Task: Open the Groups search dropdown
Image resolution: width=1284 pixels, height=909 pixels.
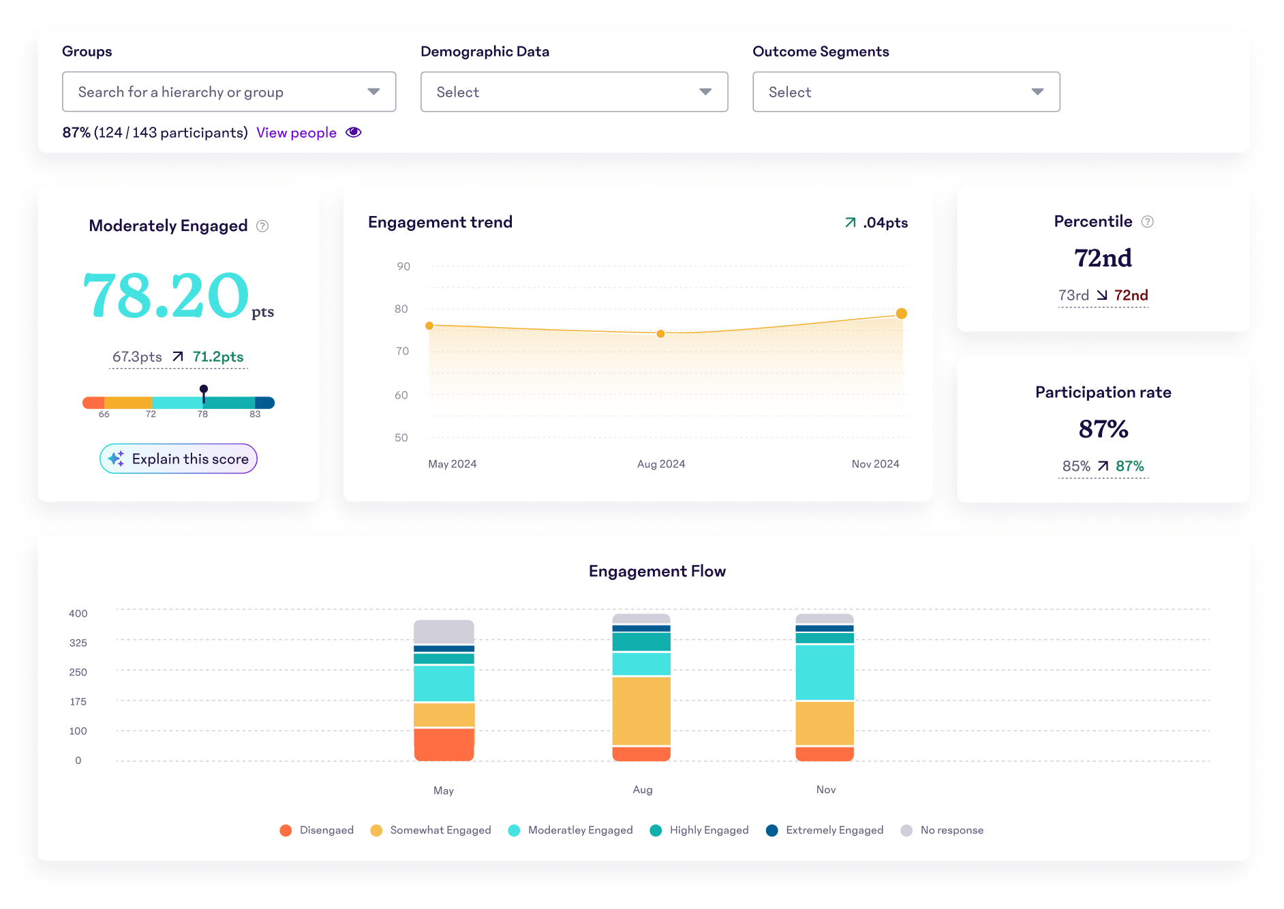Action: tap(228, 92)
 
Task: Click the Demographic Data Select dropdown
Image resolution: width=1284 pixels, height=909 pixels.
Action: tap(574, 92)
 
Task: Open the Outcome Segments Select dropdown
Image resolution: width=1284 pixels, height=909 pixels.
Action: tap(906, 92)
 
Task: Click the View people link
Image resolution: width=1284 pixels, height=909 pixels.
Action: tap(296, 133)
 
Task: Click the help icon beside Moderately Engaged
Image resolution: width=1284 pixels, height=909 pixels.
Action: tap(262, 226)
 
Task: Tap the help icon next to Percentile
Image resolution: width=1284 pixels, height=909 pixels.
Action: tap(1148, 222)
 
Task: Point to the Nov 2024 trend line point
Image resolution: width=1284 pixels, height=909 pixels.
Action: tap(901, 313)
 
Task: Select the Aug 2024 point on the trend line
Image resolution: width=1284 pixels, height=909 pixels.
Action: tap(660, 334)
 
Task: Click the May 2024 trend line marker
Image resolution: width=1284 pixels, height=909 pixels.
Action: tap(429, 326)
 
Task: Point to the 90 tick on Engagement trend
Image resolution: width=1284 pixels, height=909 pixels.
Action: tap(403, 266)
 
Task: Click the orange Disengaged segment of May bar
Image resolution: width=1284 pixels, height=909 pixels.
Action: tap(444, 744)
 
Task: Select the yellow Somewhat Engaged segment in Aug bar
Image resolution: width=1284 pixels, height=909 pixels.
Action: tap(641, 711)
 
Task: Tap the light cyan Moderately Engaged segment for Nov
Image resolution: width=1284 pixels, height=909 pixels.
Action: tap(825, 672)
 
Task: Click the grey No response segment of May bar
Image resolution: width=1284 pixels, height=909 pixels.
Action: tap(444, 632)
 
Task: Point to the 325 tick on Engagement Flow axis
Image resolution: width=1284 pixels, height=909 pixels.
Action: tap(78, 643)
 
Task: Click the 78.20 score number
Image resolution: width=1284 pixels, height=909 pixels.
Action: tap(166, 296)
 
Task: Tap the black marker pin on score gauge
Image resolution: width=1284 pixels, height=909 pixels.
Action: tap(204, 390)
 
